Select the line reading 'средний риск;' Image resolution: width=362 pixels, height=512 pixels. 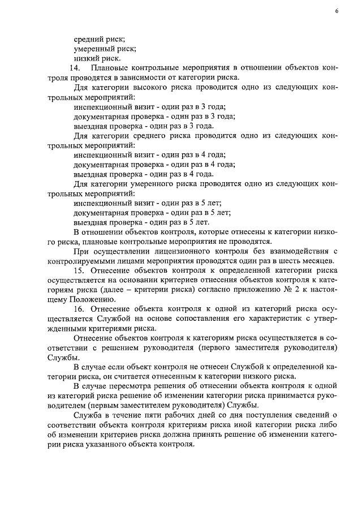pos(100,39)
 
